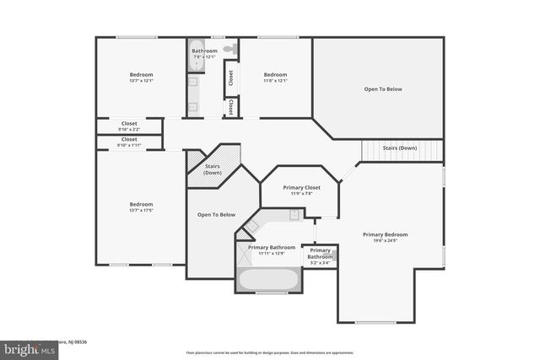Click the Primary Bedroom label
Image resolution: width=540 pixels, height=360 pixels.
[x=385, y=234]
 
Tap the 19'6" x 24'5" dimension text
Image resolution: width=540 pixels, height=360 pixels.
[x=385, y=241]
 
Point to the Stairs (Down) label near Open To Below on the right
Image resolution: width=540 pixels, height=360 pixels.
[x=400, y=148]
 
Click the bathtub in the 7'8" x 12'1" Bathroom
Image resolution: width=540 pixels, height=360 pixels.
[x=197, y=49]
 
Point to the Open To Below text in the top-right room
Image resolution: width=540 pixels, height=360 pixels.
[x=382, y=89]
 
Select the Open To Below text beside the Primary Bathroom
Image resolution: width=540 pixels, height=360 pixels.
[x=216, y=215]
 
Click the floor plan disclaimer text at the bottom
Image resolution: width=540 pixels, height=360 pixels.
[x=270, y=352]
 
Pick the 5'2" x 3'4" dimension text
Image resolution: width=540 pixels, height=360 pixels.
[x=320, y=263]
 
